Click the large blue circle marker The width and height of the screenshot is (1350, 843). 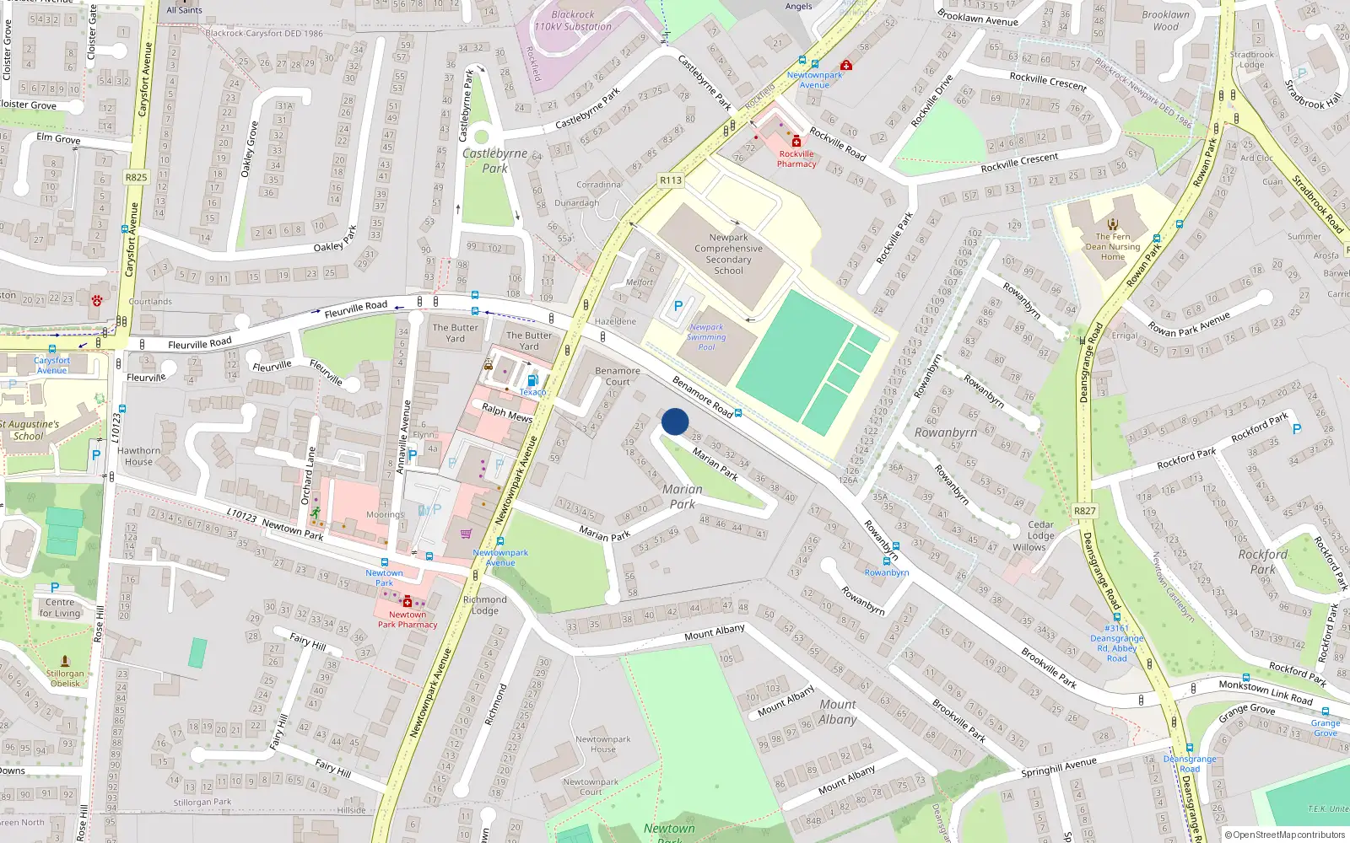tap(675, 421)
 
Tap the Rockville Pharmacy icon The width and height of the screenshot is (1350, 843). tap(796, 142)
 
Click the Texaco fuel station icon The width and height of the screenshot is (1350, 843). tap(532, 381)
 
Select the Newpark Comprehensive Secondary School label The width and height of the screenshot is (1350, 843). tap(728, 254)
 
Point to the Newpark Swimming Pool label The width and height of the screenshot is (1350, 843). tap(706, 337)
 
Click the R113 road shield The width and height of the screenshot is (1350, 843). tap(671, 180)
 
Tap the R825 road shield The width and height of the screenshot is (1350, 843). tap(136, 177)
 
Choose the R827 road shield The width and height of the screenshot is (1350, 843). tap(1085, 511)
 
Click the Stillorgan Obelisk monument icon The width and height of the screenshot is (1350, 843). tap(65, 662)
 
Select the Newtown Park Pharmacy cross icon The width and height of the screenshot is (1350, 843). tap(408, 602)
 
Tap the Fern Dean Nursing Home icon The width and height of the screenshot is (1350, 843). tap(1113, 224)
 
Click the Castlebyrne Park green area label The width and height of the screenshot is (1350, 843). tap(494, 160)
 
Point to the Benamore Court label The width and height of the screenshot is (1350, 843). tap(618, 376)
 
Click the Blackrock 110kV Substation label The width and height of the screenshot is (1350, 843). tap(573, 20)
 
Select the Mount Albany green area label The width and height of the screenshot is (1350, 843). tap(837, 711)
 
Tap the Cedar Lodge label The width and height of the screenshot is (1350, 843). tap(1040, 529)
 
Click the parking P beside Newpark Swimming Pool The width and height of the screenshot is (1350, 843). tap(678, 307)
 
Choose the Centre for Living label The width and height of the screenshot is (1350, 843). tap(60, 607)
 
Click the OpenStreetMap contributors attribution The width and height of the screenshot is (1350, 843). tap(1285, 835)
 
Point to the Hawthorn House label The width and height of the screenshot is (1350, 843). tap(138, 456)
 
